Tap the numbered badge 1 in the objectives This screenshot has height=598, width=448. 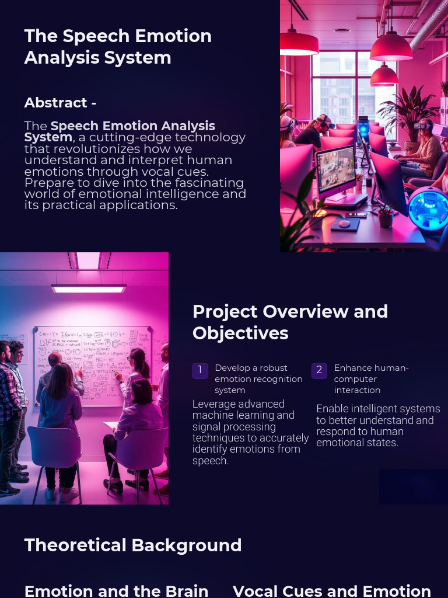tap(200, 370)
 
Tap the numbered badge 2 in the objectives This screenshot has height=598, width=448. tap(319, 370)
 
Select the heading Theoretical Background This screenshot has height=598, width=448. tap(133, 545)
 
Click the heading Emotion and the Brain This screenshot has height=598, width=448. tap(117, 590)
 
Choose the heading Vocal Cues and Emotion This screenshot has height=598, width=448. tap(331, 590)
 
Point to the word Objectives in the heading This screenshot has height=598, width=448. tap(240, 333)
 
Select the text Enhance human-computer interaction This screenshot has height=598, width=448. tap(371, 379)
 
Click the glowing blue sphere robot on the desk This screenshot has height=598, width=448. tap(429, 209)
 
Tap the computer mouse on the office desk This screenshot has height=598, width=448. tap(345, 223)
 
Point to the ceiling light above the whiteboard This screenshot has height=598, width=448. tap(88, 288)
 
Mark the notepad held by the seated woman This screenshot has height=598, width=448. tap(111, 425)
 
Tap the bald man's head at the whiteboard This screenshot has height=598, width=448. tap(55, 359)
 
